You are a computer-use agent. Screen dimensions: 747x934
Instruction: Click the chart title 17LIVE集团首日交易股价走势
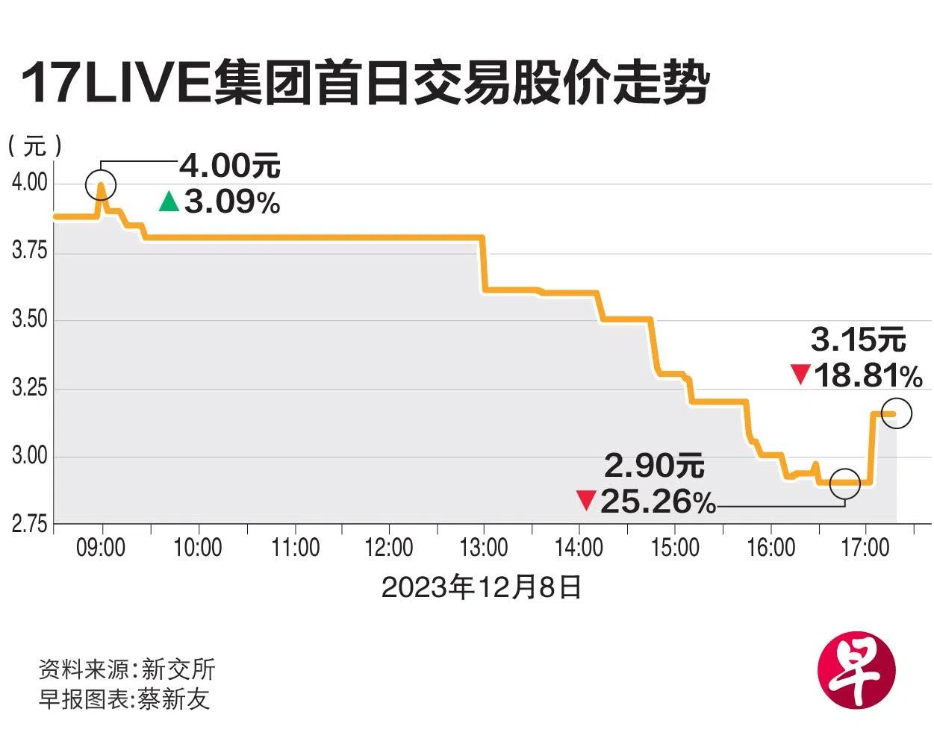click(x=364, y=83)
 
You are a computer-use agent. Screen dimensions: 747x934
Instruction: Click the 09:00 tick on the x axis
click(x=101, y=548)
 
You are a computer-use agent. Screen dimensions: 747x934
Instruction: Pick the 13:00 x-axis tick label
click(x=484, y=548)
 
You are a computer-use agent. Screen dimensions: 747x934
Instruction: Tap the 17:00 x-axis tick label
click(x=865, y=548)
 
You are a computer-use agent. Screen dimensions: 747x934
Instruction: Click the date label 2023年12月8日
click(x=482, y=587)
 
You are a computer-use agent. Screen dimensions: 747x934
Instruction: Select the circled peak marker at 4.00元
click(x=101, y=184)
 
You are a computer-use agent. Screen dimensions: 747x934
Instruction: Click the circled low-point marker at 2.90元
click(x=845, y=484)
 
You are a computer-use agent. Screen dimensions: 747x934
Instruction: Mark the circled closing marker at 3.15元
click(x=897, y=413)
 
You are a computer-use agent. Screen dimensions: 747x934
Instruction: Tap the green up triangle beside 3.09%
click(x=169, y=201)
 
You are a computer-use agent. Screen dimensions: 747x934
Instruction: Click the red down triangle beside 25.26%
click(x=586, y=500)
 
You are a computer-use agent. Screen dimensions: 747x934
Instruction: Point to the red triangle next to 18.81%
click(x=801, y=374)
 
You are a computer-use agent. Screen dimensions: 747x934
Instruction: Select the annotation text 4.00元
click(x=230, y=166)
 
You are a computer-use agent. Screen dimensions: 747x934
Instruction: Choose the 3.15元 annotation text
click(x=859, y=340)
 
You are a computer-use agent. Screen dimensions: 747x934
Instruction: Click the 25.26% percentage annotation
click(x=658, y=501)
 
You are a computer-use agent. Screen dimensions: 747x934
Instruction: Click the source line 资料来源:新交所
click(x=127, y=669)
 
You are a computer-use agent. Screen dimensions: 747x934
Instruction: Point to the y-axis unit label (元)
click(x=34, y=146)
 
